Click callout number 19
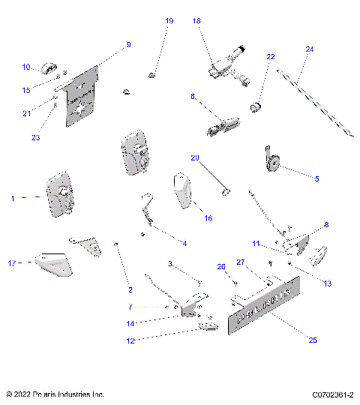pos(169,21)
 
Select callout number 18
pos(197,21)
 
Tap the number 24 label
pos(309,49)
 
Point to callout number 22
pos(271,57)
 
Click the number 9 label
pos(128,45)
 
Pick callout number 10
pos(25,67)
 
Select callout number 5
pos(316,178)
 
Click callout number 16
pos(208,218)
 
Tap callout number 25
pos(313,340)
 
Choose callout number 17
pos(11,263)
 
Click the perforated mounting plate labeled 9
pos(83,96)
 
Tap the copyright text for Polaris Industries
pos(55,394)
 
